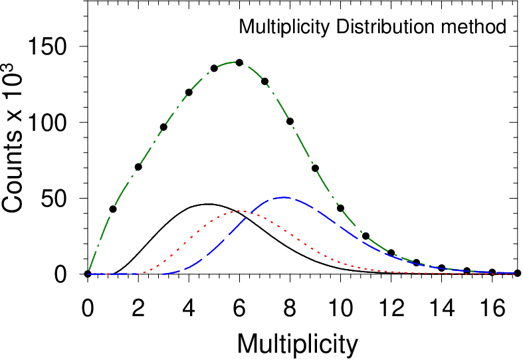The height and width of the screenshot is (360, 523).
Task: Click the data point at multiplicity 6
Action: click(x=239, y=62)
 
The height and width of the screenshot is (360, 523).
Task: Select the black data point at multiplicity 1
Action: click(x=113, y=209)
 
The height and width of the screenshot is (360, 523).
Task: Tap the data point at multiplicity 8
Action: click(x=290, y=121)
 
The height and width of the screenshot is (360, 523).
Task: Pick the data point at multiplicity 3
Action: click(x=163, y=127)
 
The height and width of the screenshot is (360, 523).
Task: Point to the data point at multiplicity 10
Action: click(x=340, y=209)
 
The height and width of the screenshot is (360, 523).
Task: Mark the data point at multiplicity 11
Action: click(x=366, y=236)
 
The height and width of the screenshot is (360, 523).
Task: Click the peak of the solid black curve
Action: click(x=208, y=204)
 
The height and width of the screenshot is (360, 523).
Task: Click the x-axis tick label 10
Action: click(x=340, y=308)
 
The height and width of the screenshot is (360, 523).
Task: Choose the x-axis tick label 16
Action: click(x=492, y=308)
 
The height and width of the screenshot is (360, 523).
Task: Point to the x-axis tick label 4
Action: click(x=189, y=308)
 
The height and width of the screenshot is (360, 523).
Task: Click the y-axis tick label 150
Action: click(x=47, y=46)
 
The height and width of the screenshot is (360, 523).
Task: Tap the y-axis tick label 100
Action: click(x=47, y=122)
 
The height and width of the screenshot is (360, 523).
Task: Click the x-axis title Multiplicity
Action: click(x=298, y=344)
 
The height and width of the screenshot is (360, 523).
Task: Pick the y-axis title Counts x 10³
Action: click(x=12, y=137)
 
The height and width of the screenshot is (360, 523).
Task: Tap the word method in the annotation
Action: click(x=474, y=27)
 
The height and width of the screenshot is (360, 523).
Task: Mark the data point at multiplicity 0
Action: click(x=88, y=274)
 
